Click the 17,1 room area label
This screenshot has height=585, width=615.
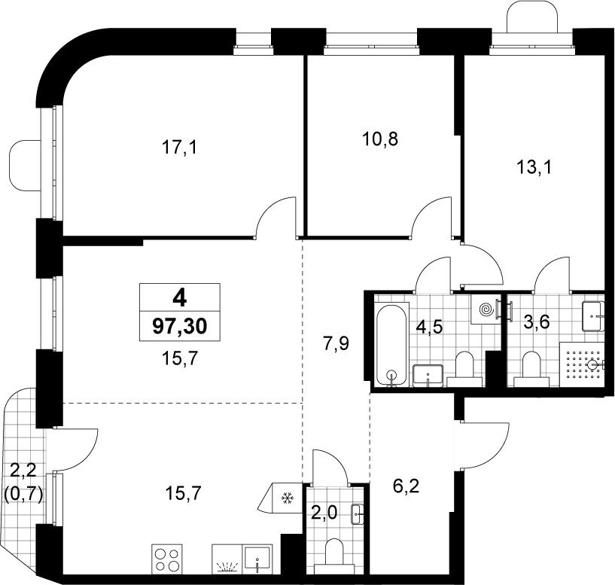coord(179,148)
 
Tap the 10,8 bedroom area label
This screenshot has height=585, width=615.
coord(380,139)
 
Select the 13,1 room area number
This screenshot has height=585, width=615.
coord(534,168)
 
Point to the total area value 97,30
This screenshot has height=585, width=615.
coord(180,327)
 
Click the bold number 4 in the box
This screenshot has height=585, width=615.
coord(180,299)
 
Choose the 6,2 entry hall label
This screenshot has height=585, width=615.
coord(406,487)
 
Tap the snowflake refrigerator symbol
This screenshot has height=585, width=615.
coord(288,498)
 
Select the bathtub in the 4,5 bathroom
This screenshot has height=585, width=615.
coord(393,345)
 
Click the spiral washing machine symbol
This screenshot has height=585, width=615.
coord(486,310)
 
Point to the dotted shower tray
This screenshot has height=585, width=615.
coord(582,365)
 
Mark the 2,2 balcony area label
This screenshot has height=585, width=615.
coord(23,471)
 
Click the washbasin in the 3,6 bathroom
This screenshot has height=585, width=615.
coord(593,316)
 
